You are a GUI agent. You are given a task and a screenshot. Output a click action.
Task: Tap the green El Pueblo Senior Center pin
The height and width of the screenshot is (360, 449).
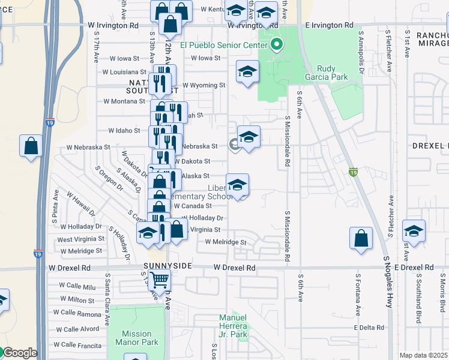tap(277, 44)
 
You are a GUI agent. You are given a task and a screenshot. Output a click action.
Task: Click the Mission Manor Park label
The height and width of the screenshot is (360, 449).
tap(140, 338)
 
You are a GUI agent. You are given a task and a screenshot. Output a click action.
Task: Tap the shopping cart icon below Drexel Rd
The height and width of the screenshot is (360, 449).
tap(158, 278)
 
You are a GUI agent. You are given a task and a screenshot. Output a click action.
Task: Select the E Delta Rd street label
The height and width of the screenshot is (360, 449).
tap(369, 328)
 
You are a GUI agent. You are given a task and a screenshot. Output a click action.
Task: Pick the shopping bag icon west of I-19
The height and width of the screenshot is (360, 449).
tap(31, 145)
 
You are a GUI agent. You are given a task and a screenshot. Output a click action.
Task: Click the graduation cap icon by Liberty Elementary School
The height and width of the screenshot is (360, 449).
tap(238, 184)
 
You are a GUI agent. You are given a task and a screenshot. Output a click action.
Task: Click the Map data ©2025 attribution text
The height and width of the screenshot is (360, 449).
tap(423, 355)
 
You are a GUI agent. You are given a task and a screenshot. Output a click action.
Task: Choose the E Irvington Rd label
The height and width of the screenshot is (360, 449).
tap(329, 26)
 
